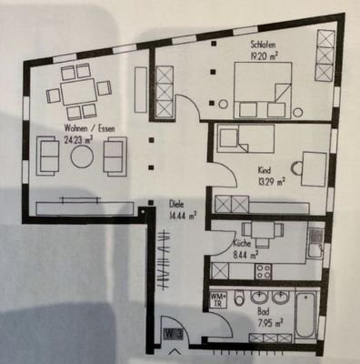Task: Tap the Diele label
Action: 175,205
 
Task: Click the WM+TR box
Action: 218,299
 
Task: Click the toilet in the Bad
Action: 238,298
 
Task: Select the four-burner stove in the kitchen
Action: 265,270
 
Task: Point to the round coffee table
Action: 82,157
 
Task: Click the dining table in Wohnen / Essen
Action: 77,93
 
